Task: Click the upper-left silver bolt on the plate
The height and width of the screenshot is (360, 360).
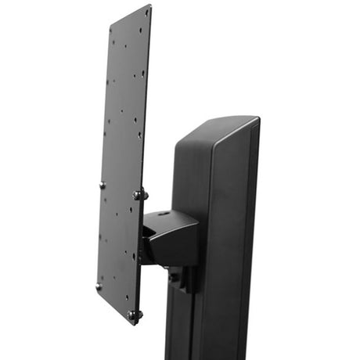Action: pos(102,185)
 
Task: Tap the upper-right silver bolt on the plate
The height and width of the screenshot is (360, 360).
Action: pos(138,194)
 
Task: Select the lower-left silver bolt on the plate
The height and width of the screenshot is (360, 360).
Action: pos(99,286)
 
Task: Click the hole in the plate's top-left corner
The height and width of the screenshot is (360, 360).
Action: pos(112,33)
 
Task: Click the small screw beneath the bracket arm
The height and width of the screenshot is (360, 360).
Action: pos(174,275)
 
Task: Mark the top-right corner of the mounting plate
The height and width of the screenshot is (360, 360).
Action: pos(150,6)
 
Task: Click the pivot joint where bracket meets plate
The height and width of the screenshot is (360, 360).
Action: pos(145,235)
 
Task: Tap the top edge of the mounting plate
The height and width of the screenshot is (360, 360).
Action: pos(129,15)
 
